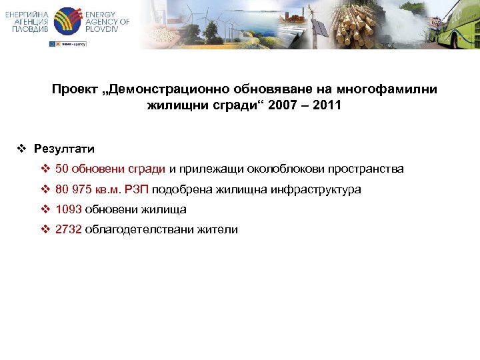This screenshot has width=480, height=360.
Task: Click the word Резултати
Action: click(x=64, y=149)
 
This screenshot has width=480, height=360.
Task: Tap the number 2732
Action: click(x=69, y=229)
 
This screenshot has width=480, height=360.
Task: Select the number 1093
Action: click(x=69, y=209)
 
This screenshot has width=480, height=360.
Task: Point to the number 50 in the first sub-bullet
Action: click(x=62, y=169)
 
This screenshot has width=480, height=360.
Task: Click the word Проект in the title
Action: click(x=73, y=89)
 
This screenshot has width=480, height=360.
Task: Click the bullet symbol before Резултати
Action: click(x=22, y=149)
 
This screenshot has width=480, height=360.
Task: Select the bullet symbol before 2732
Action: click(x=45, y=229)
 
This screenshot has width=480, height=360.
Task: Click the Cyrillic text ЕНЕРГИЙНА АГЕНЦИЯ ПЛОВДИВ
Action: click(x=27, y=21)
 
